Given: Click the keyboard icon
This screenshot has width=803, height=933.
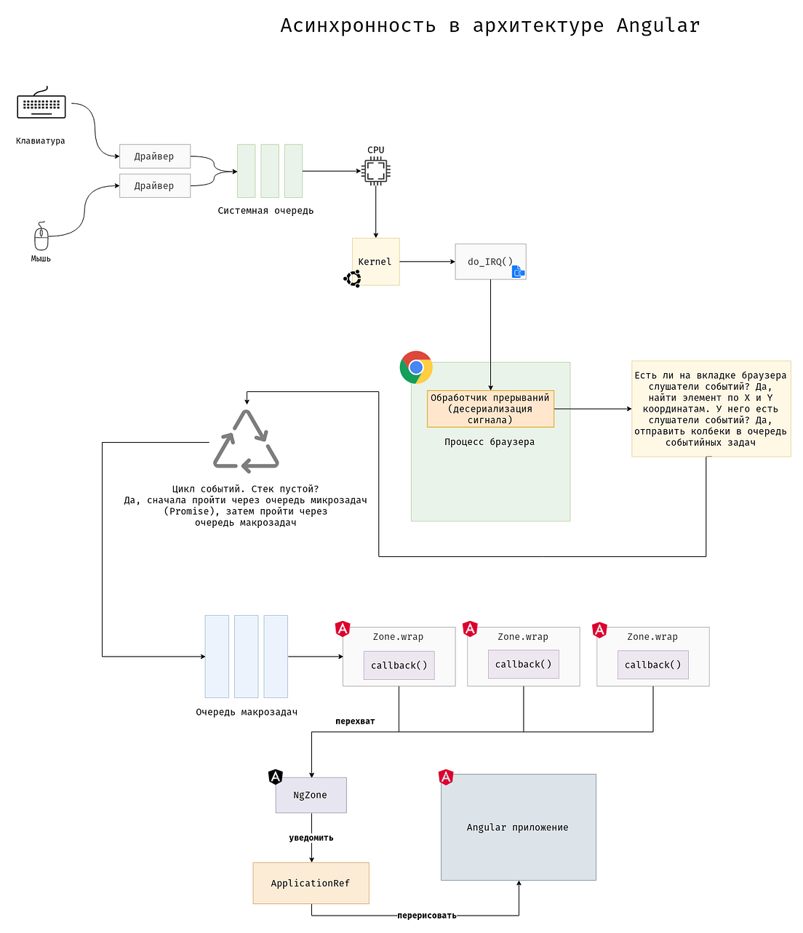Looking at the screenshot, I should [x=41, y=105].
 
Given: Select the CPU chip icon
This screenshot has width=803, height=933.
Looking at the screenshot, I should [x=375, y=172].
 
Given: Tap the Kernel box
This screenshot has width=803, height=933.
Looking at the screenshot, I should [x=375, y=261].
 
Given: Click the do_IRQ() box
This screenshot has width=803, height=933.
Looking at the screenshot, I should [x=490, y=261].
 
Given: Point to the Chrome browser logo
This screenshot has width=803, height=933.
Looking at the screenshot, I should [x=416, y=367].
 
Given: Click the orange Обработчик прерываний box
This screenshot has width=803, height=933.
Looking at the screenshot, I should [x=490, y=409].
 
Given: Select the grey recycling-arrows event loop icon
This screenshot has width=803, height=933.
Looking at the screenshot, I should [x=246, y=441].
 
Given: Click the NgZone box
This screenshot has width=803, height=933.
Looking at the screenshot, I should [x=311, y=795].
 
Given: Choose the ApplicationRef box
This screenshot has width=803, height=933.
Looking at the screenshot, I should [x=311, y=883].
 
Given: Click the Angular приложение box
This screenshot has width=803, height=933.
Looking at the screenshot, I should [x=518, y=827].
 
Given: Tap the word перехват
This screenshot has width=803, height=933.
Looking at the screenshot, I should [x=355, y=721].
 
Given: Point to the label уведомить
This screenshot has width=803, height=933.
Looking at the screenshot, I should [x=311, y=838].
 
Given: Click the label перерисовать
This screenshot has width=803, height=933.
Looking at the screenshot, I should [x=427, y=916].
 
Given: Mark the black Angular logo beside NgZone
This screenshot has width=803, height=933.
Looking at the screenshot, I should [x=275, y=777].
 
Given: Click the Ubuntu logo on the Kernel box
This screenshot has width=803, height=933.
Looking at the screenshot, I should [x=353, y=279].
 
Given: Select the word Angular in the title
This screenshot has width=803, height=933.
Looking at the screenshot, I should [x=658, y=26].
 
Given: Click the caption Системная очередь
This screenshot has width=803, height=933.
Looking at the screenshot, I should [x=265, y=211].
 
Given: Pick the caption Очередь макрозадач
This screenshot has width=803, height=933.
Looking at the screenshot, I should [x=247, y=712].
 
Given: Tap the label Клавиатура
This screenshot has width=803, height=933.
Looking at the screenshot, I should [x=41, y=141].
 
